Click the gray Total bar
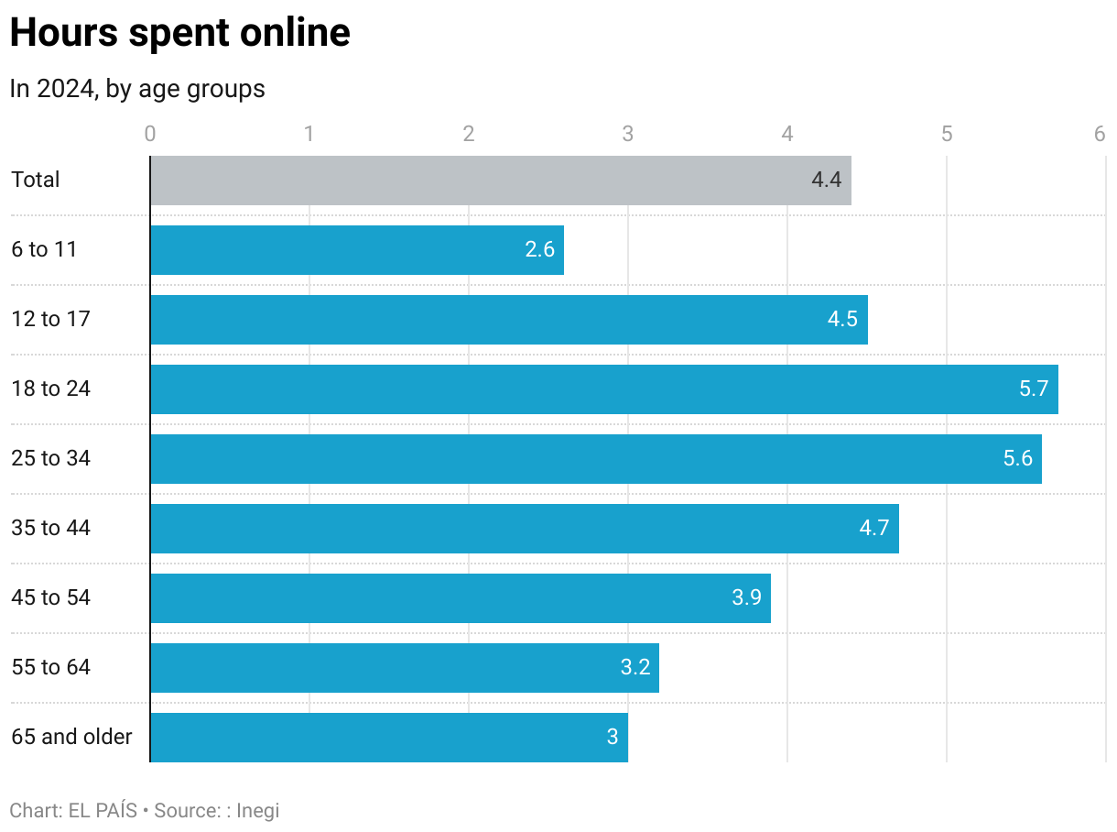point(500,181)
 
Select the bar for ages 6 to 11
point(357,250)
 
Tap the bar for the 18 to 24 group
point(604,389)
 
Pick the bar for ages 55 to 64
point(404,668)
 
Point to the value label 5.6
point(1017,458)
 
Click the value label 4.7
point(874,528)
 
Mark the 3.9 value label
point(746,597)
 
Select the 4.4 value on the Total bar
point(826,180)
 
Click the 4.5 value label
point(842,319)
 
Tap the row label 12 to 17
point(50,319)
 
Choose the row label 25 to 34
point(50,458)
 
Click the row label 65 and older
point(71,737)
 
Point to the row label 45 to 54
point(50,597)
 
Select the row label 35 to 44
point(50,528)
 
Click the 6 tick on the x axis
point(1099,134)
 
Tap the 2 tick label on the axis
point(469,134)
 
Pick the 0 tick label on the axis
point(150,134)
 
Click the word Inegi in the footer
point(257,811)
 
